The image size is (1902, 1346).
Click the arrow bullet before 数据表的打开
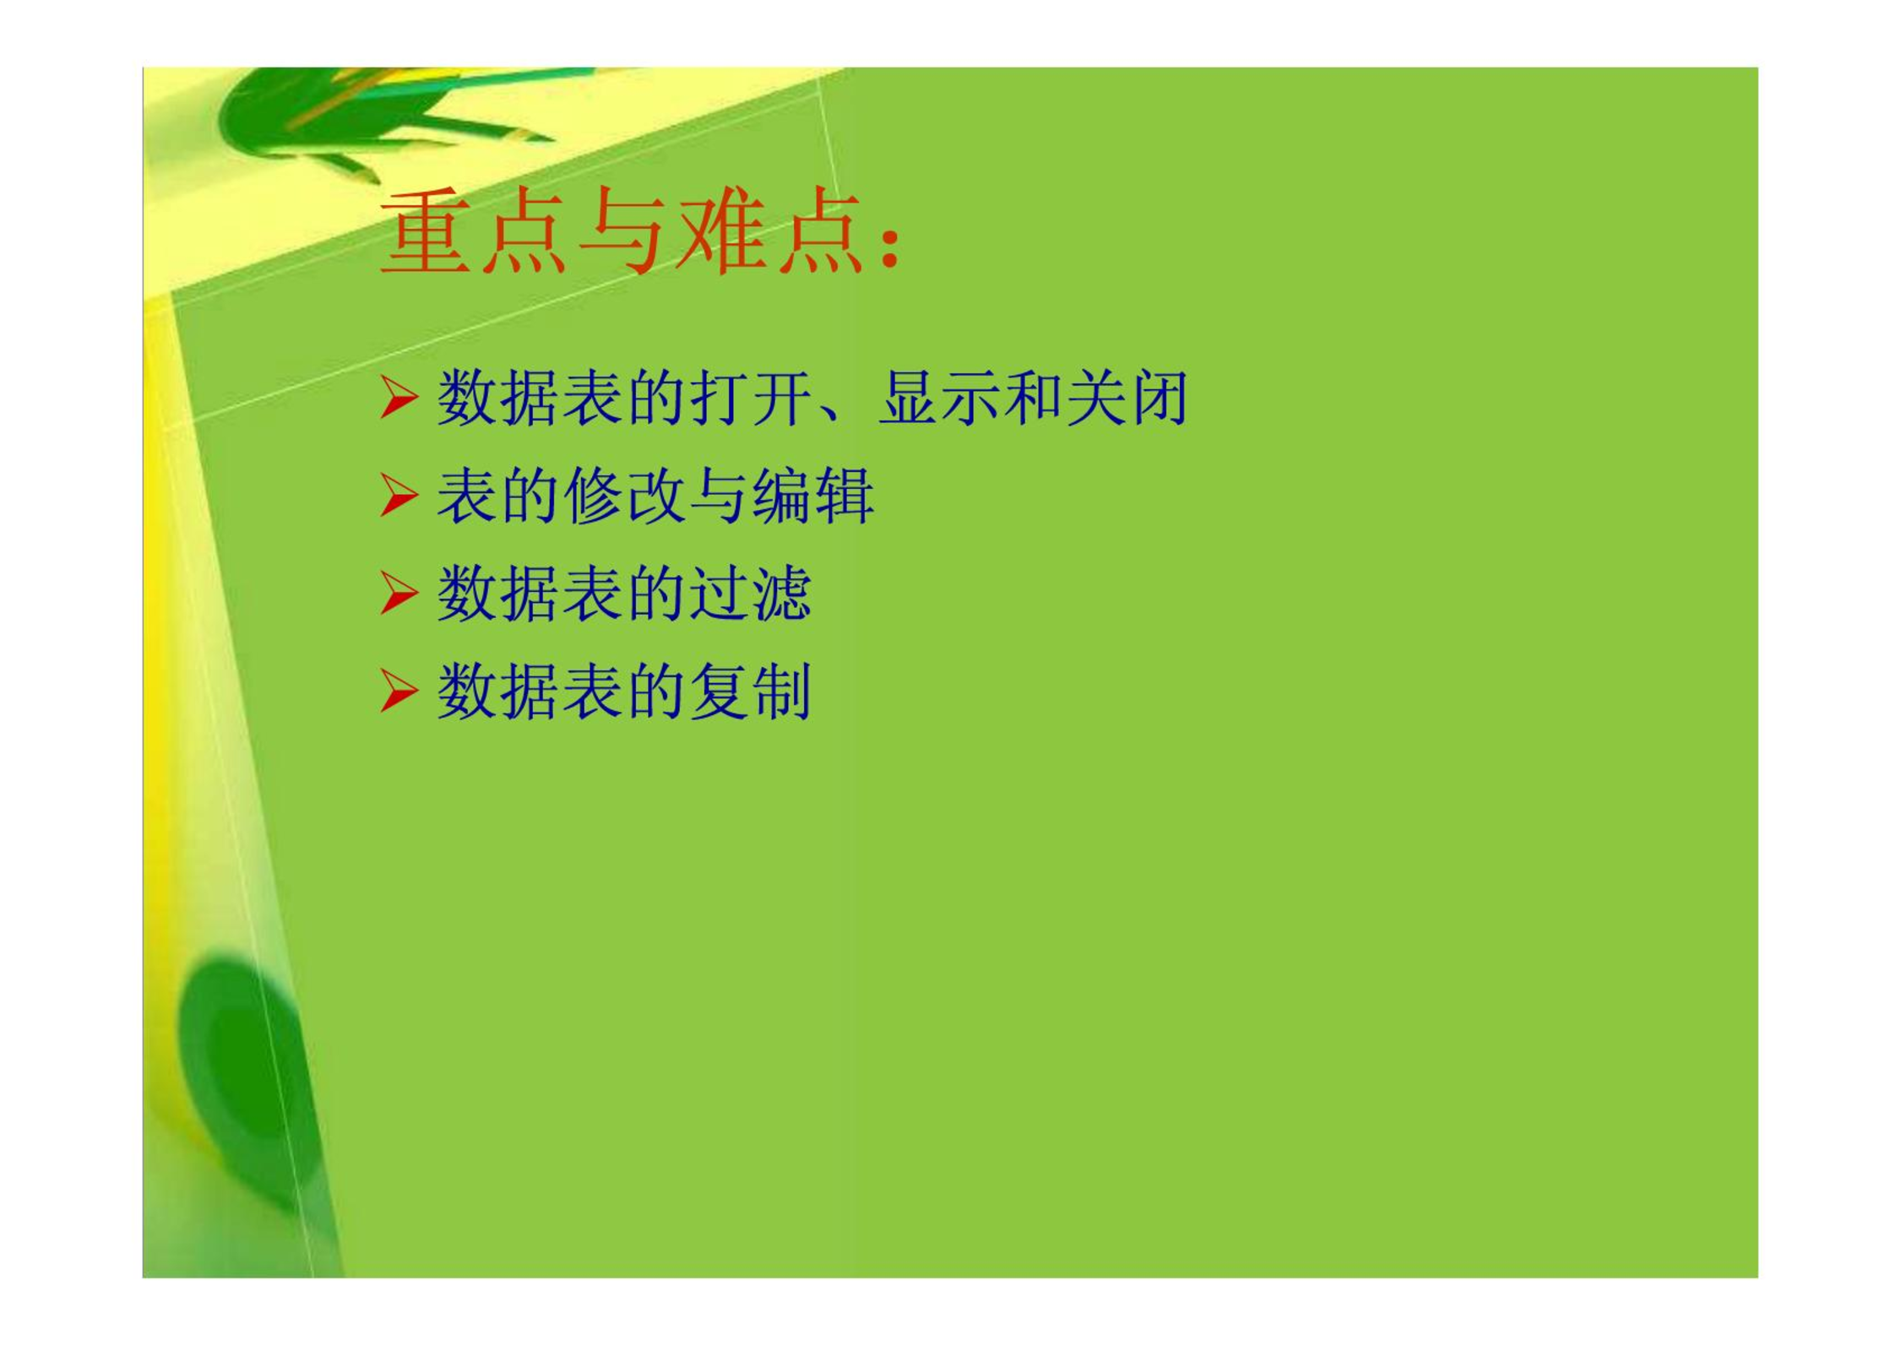[x=399, y=398]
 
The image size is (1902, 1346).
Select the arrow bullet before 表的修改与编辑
[x=399, y=495]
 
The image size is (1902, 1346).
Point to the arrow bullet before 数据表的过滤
[x=399, y=593]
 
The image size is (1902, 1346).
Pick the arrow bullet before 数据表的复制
[x=399, y=691]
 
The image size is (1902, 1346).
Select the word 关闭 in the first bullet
[x=1128, y=398]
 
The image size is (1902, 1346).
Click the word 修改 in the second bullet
[x=625, y=496]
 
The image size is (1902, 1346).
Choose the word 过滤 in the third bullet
[x=751, y=594]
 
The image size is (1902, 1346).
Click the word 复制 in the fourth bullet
[x=751, y=692]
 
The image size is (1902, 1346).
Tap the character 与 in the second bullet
[x=719, y=496]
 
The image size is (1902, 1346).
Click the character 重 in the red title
[x=426, y=231]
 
